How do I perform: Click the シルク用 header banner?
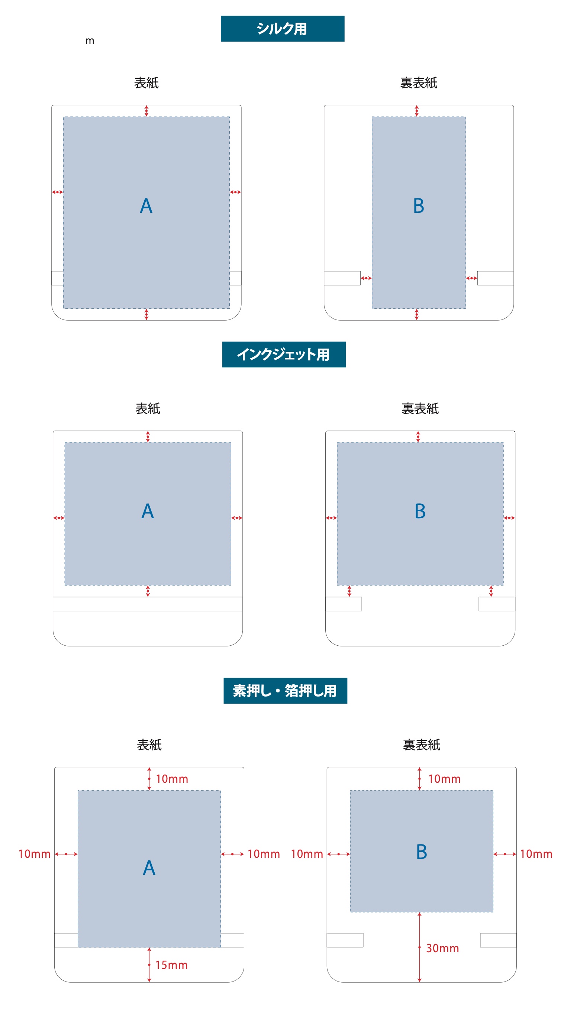click(x=282, y=29)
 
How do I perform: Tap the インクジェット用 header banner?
click(x=284, y=354)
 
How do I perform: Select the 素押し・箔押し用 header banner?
click(x=285, y=690)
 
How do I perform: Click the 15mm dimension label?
click(x=171, y=965)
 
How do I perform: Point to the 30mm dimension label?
click(x=442, y=948)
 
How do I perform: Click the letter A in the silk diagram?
click(x=146, y=205)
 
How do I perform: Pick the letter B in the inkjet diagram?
click(x=420, y=511)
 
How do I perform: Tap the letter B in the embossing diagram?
click(x=421, y=852)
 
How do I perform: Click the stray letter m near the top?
click(x=90, y=41)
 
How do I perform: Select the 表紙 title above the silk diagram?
click(x=146, y=82)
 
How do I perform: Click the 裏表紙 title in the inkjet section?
click(x=420, y=409)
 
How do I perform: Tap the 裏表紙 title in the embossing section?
click(x=421, y=745)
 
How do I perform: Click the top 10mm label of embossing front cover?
click(x=172, y=779)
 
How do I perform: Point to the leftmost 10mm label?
click(x=35, y=854)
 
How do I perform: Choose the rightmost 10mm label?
click(x=536, y=854)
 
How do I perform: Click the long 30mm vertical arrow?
click(x=419, y=947)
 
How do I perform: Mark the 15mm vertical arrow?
click(x=149, y=964)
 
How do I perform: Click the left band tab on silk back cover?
click(x=342, y=278)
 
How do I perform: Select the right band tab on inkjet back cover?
click(x=497, y=604)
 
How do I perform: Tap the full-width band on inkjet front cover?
click(x=148, y=604)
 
